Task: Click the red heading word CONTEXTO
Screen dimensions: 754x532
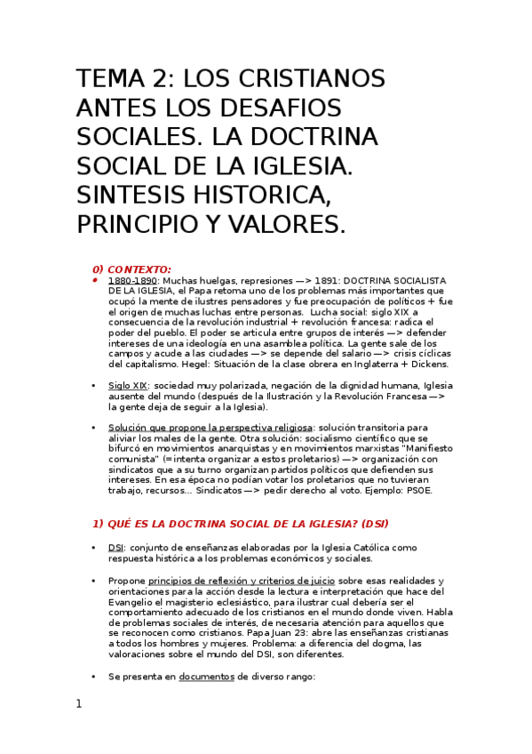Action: pos(139,269)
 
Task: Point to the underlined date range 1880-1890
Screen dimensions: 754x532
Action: pos(134,280)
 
